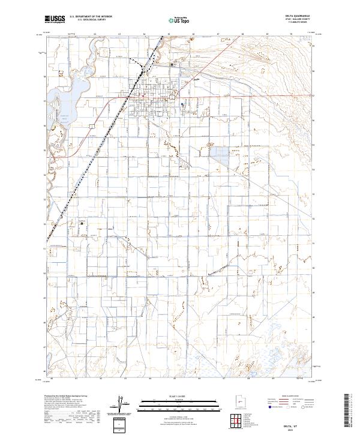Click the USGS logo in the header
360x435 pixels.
(55, 19)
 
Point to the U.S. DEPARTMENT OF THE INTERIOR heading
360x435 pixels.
(91, 17)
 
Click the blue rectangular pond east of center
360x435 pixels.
(219, 156)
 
